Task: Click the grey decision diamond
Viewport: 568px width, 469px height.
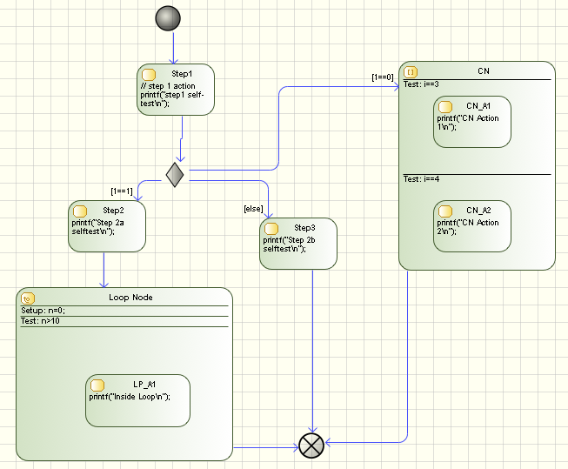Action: pyautogui.click(x=175, y=174)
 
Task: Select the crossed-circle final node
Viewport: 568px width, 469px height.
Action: pyautogui.click(x=311, y=446)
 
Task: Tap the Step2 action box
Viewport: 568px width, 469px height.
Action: pyautogui.click(x=106, y=226)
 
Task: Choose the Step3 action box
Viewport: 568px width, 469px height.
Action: pyautogui.click(x=297, y=243)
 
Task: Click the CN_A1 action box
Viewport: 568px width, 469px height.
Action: pyautogui.click(x=471, y=122)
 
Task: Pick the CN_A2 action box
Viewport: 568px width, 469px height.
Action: pyautogui.click(x=471, y=226)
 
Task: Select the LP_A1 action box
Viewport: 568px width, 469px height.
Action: pyautogui.click(x=137, y=400)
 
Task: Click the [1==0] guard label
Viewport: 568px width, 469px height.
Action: pyautogui.click(x=383, y=77)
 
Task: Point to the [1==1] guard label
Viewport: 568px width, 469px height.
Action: pyautogui.click(x=122, y=191)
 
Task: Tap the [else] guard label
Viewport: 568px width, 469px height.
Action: pyautogui.click(x=253, y=208)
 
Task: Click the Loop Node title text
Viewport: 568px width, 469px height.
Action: pyautogui.click(x=131, y=298)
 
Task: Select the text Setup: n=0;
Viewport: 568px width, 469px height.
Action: pyautogui.click(x=43, y=311)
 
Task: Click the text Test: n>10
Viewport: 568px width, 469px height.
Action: pyautogui.click(x=41, y=321)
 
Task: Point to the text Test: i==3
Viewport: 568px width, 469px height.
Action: pyautogui.click(x=421, y=84)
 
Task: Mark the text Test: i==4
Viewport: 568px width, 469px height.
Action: pyautogui.click(x=421, y=179)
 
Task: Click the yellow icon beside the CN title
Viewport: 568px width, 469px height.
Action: pyautogui.click(x=411, y=71)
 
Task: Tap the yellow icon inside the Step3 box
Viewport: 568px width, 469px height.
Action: pyautogui.click(x=271, y=228)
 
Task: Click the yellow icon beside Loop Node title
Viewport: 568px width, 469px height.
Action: pyautogui.click(x=27, y=298)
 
